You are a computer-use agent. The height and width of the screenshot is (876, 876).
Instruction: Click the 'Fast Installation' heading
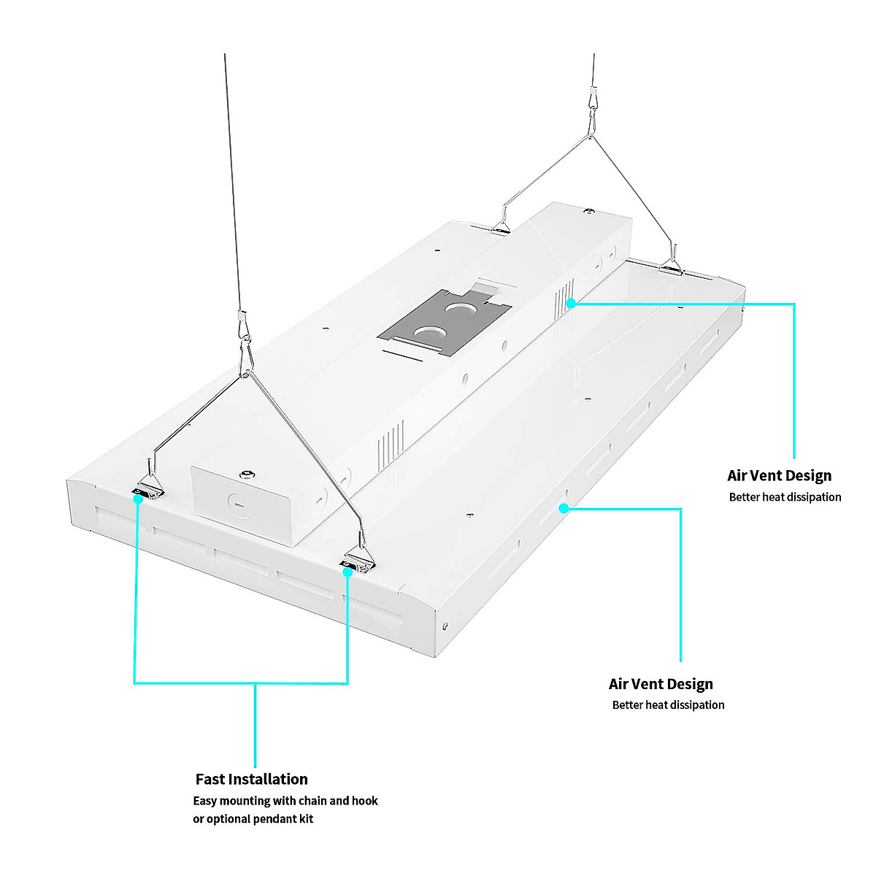pyautogui.click(x=251, y=779)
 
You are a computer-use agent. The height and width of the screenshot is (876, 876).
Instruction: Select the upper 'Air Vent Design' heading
pyautogui.click(x=779, y=476)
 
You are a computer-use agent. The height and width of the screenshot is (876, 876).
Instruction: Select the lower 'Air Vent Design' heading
pyautogui.click(x=661, y=684)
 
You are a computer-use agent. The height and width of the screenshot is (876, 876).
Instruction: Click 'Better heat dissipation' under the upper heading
pyautogui.click(x=785, y=497)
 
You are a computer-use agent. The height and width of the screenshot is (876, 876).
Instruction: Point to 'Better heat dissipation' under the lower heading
pyautogui.click(x=668, y=705)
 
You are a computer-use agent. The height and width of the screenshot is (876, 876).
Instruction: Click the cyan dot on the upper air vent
pyautogui.click(x=571, y=302)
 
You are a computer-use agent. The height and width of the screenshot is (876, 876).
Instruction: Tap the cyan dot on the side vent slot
pyautogui.click(x=564, y=507)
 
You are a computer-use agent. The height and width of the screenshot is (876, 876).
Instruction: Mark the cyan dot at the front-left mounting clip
pyautogui.click(x=137, y=499)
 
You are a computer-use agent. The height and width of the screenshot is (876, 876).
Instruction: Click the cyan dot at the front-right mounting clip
pyautogui.click(x=348, y=572)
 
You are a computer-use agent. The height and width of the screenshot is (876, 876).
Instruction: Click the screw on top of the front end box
pyautogui.click(x=249, y=475)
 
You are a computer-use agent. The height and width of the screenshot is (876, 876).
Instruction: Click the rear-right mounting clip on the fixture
pyautogui.click(x=671, y=269)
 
